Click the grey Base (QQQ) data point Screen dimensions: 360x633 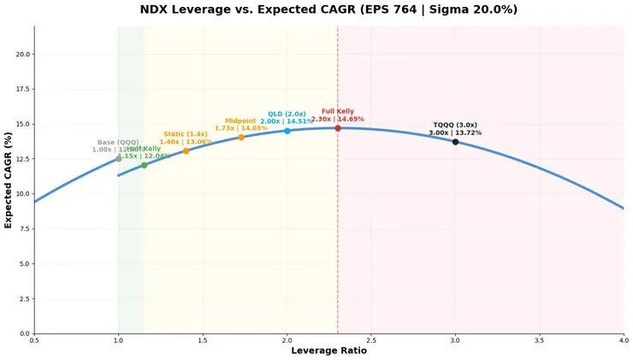pos(119,159)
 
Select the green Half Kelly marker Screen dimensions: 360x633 pos(144,165)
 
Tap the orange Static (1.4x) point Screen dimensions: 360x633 pos(186,151)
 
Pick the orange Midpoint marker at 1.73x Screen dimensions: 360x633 pos(241,137)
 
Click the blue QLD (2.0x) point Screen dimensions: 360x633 pos(287,131)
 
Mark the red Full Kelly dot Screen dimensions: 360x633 pos(338,128)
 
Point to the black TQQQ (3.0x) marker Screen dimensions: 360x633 pos(455,142)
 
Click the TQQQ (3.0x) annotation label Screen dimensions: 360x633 pos(455,129)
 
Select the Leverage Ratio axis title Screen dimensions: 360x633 pos(328,351)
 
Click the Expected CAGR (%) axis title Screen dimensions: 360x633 pos(9,180)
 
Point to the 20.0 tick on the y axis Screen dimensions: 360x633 pos(24,54)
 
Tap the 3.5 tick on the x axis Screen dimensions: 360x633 pos(540,340)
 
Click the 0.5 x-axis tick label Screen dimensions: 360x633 pos(34,340)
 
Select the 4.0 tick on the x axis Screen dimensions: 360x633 pos(624,340)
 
